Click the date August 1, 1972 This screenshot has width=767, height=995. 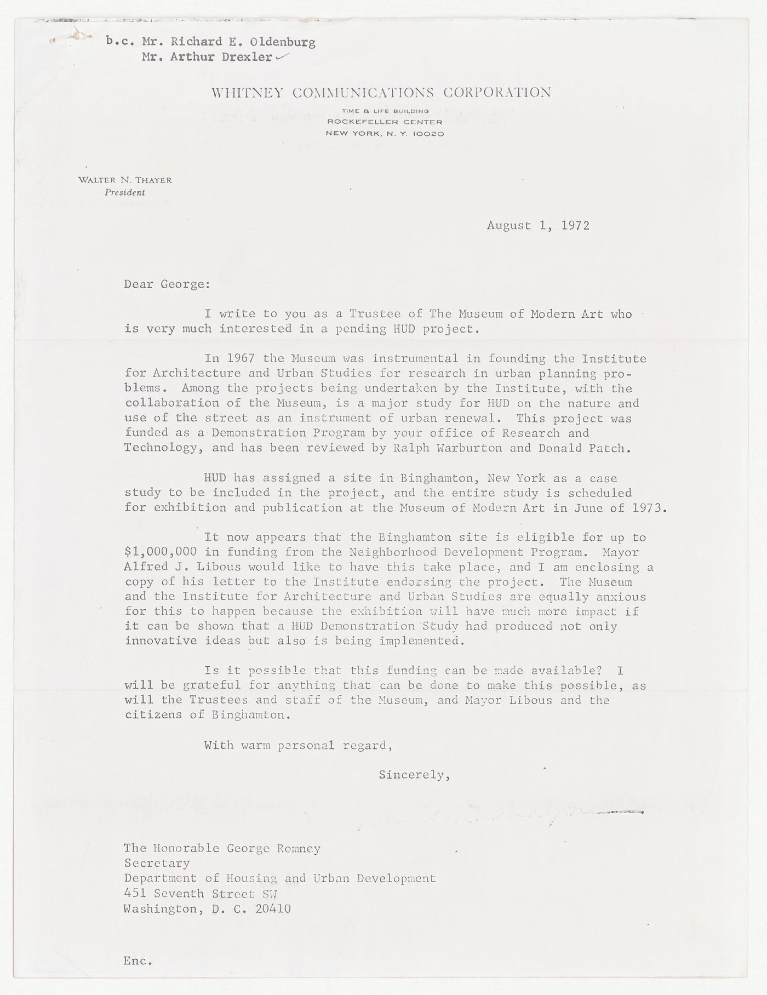(x=538, y=225)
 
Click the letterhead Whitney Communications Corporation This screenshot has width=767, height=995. (x=381, y=92)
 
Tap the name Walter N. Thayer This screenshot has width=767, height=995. (x=125, y=180)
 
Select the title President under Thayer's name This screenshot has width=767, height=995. (x=126, y=192)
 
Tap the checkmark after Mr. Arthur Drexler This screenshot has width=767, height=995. (x=282, y=57)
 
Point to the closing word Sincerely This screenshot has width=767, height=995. (x=414, y=775)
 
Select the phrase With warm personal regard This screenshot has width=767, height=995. (x=298, y=745)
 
